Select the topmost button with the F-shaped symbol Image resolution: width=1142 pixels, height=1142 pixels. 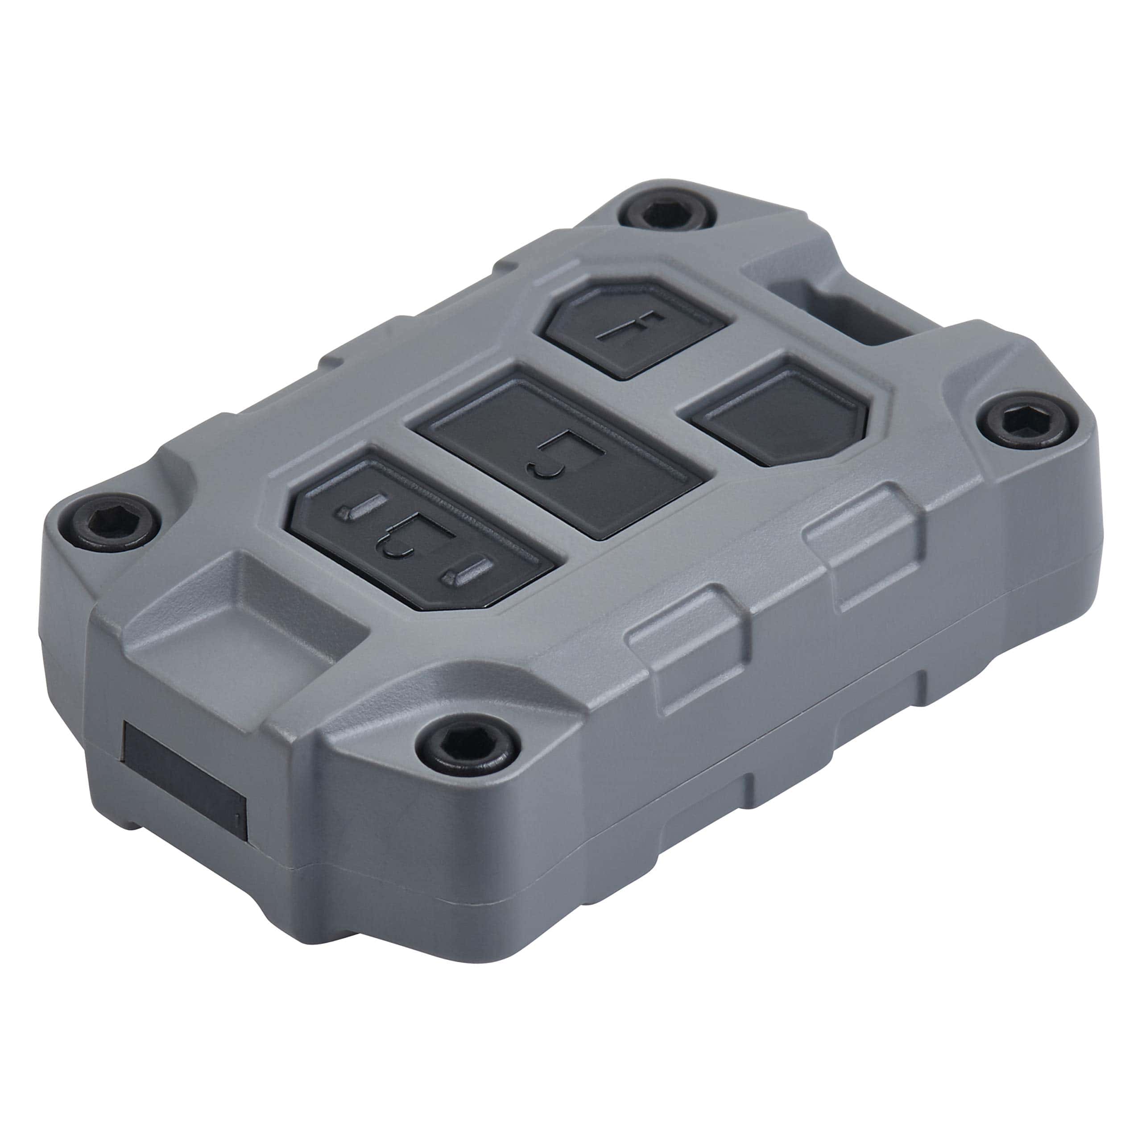click(x=633, y=328)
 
